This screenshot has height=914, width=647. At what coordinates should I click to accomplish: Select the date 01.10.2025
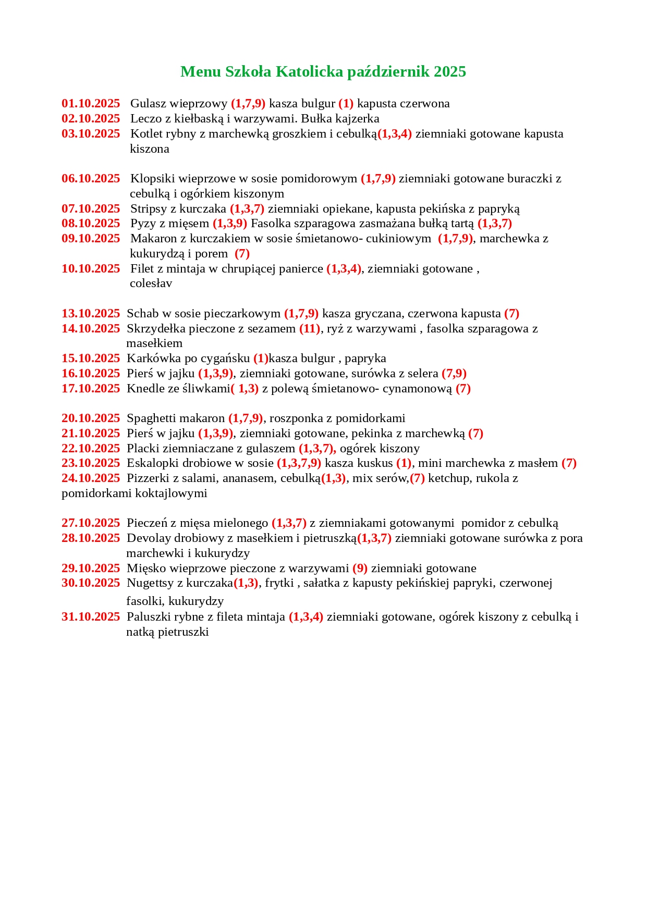91,104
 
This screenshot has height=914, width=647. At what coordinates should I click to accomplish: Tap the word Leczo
146,119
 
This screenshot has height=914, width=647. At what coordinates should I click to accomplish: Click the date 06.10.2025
91,179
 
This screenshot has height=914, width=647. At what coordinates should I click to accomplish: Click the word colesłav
151,283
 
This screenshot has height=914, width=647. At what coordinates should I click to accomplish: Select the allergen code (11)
310,329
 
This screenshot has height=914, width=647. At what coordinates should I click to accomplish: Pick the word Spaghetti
150,418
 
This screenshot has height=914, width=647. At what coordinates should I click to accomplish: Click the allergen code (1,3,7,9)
299,463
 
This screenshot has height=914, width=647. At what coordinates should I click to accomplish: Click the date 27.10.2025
91,523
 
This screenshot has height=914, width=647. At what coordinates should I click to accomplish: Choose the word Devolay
149,538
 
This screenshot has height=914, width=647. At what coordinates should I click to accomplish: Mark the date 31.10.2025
91,617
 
